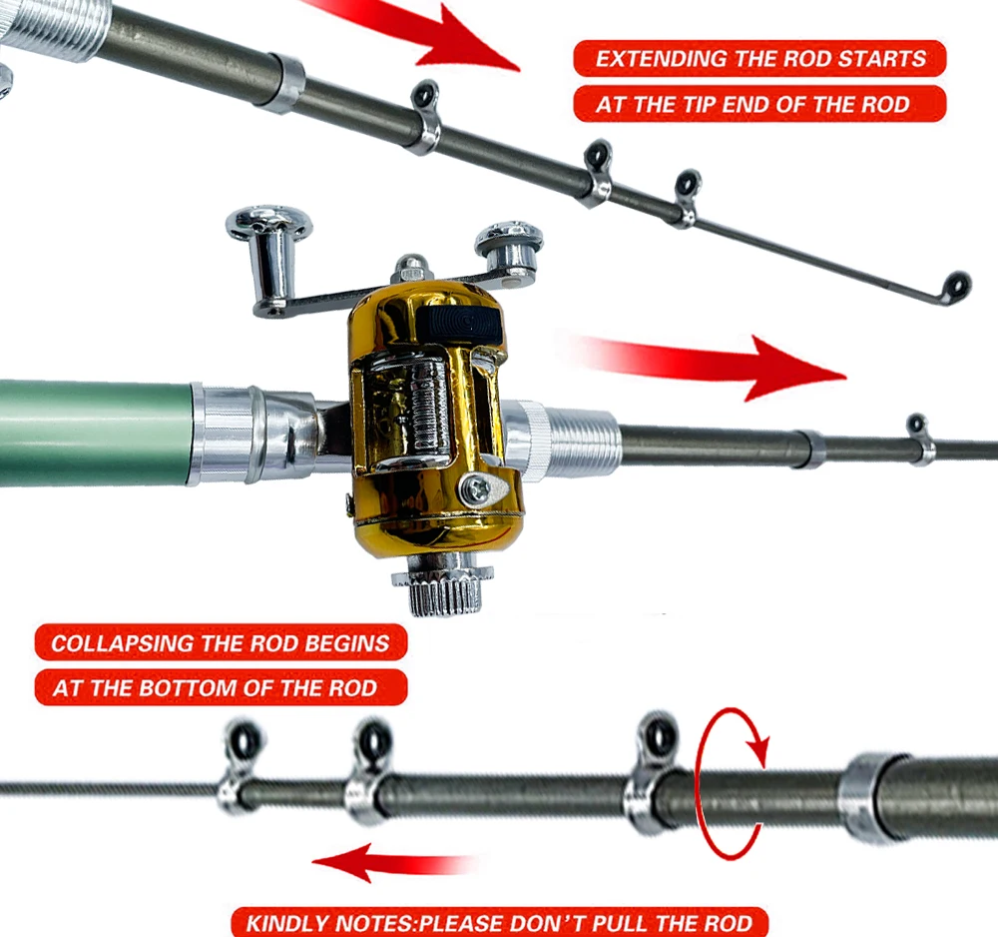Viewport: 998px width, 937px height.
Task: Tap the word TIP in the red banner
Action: point(699,105)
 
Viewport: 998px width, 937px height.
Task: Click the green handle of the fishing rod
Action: point(96,434)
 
